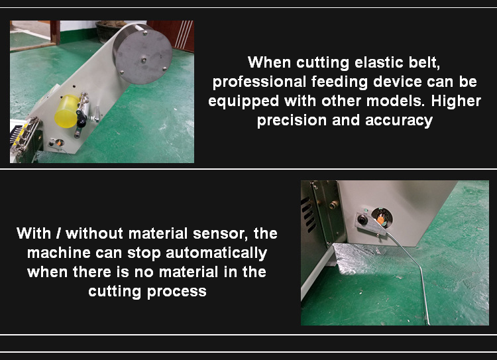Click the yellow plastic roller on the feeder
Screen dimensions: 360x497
[x=67, y=111]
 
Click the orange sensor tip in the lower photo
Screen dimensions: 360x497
[x=382, y=215]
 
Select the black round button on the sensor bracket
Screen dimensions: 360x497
[x=363, y=219]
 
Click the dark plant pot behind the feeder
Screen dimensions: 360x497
[x=106, y=31]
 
